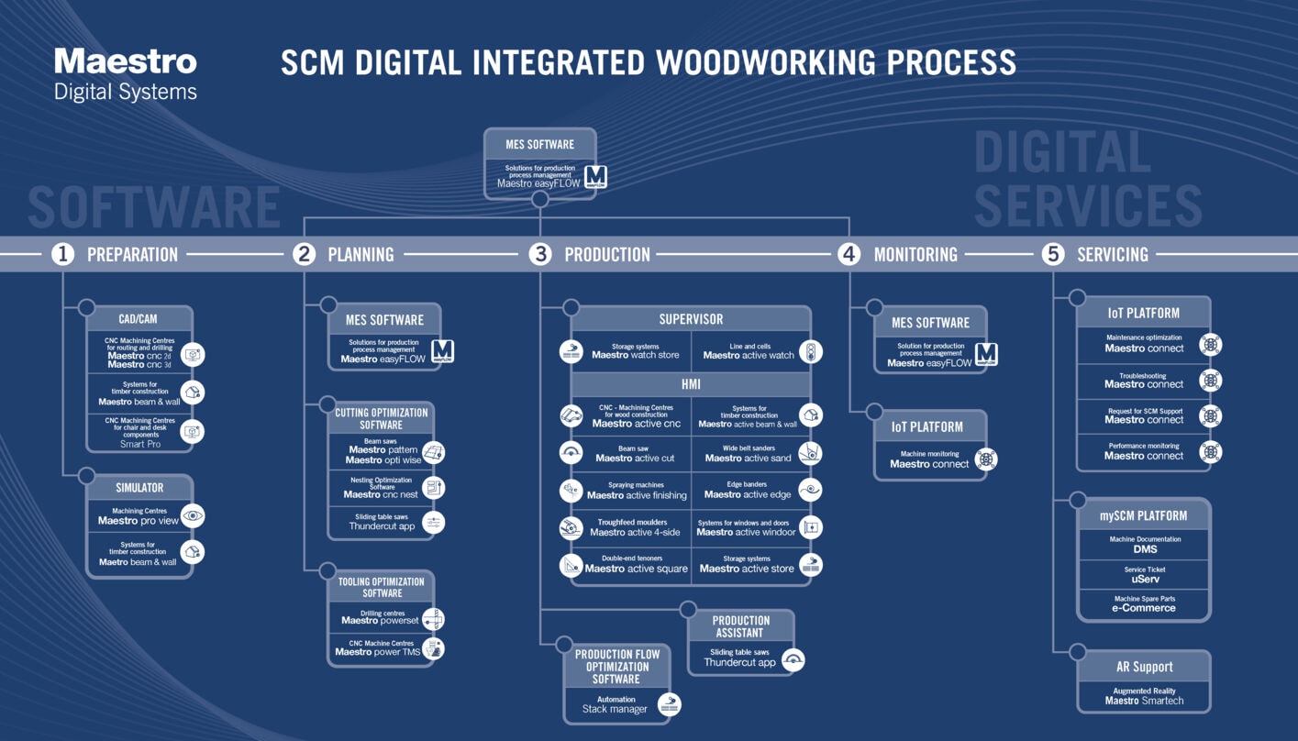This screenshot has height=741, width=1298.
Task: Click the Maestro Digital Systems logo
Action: tap(126, 74)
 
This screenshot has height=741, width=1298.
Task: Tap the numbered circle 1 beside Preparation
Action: tap(62, 254)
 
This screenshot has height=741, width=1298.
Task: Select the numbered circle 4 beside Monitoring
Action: tap(849, 254)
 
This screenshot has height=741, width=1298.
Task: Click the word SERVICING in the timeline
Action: tap(1112, 255)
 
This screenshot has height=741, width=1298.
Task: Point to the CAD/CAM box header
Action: tap(139, 319)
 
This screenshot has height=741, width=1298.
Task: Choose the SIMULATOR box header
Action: tap(139, 488)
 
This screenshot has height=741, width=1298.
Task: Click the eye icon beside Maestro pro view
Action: tap(193, 516)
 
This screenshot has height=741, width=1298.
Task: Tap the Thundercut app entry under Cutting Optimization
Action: tap(382, 522)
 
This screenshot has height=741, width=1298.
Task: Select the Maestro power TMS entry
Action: tap(377, 648)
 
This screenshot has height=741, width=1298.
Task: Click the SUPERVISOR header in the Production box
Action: tap(691, 319)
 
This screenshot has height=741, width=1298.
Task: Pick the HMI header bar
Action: tap(691, 384)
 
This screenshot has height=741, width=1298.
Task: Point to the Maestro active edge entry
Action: tap(748, 491)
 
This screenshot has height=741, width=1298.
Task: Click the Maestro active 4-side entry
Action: tap(634, 527)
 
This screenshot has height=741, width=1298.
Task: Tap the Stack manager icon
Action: tap(670, 705)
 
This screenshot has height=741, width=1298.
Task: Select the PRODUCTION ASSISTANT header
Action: tap(740, 626)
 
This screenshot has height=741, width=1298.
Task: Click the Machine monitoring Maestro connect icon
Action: tap(986, 459)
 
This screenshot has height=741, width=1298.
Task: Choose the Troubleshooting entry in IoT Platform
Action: tap(1143, 381)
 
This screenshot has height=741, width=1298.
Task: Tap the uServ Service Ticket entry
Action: tap(1145, 575)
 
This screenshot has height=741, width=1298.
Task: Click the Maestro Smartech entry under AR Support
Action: tap(1144, 696)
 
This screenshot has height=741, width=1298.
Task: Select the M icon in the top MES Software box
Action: tap(595, 176)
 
